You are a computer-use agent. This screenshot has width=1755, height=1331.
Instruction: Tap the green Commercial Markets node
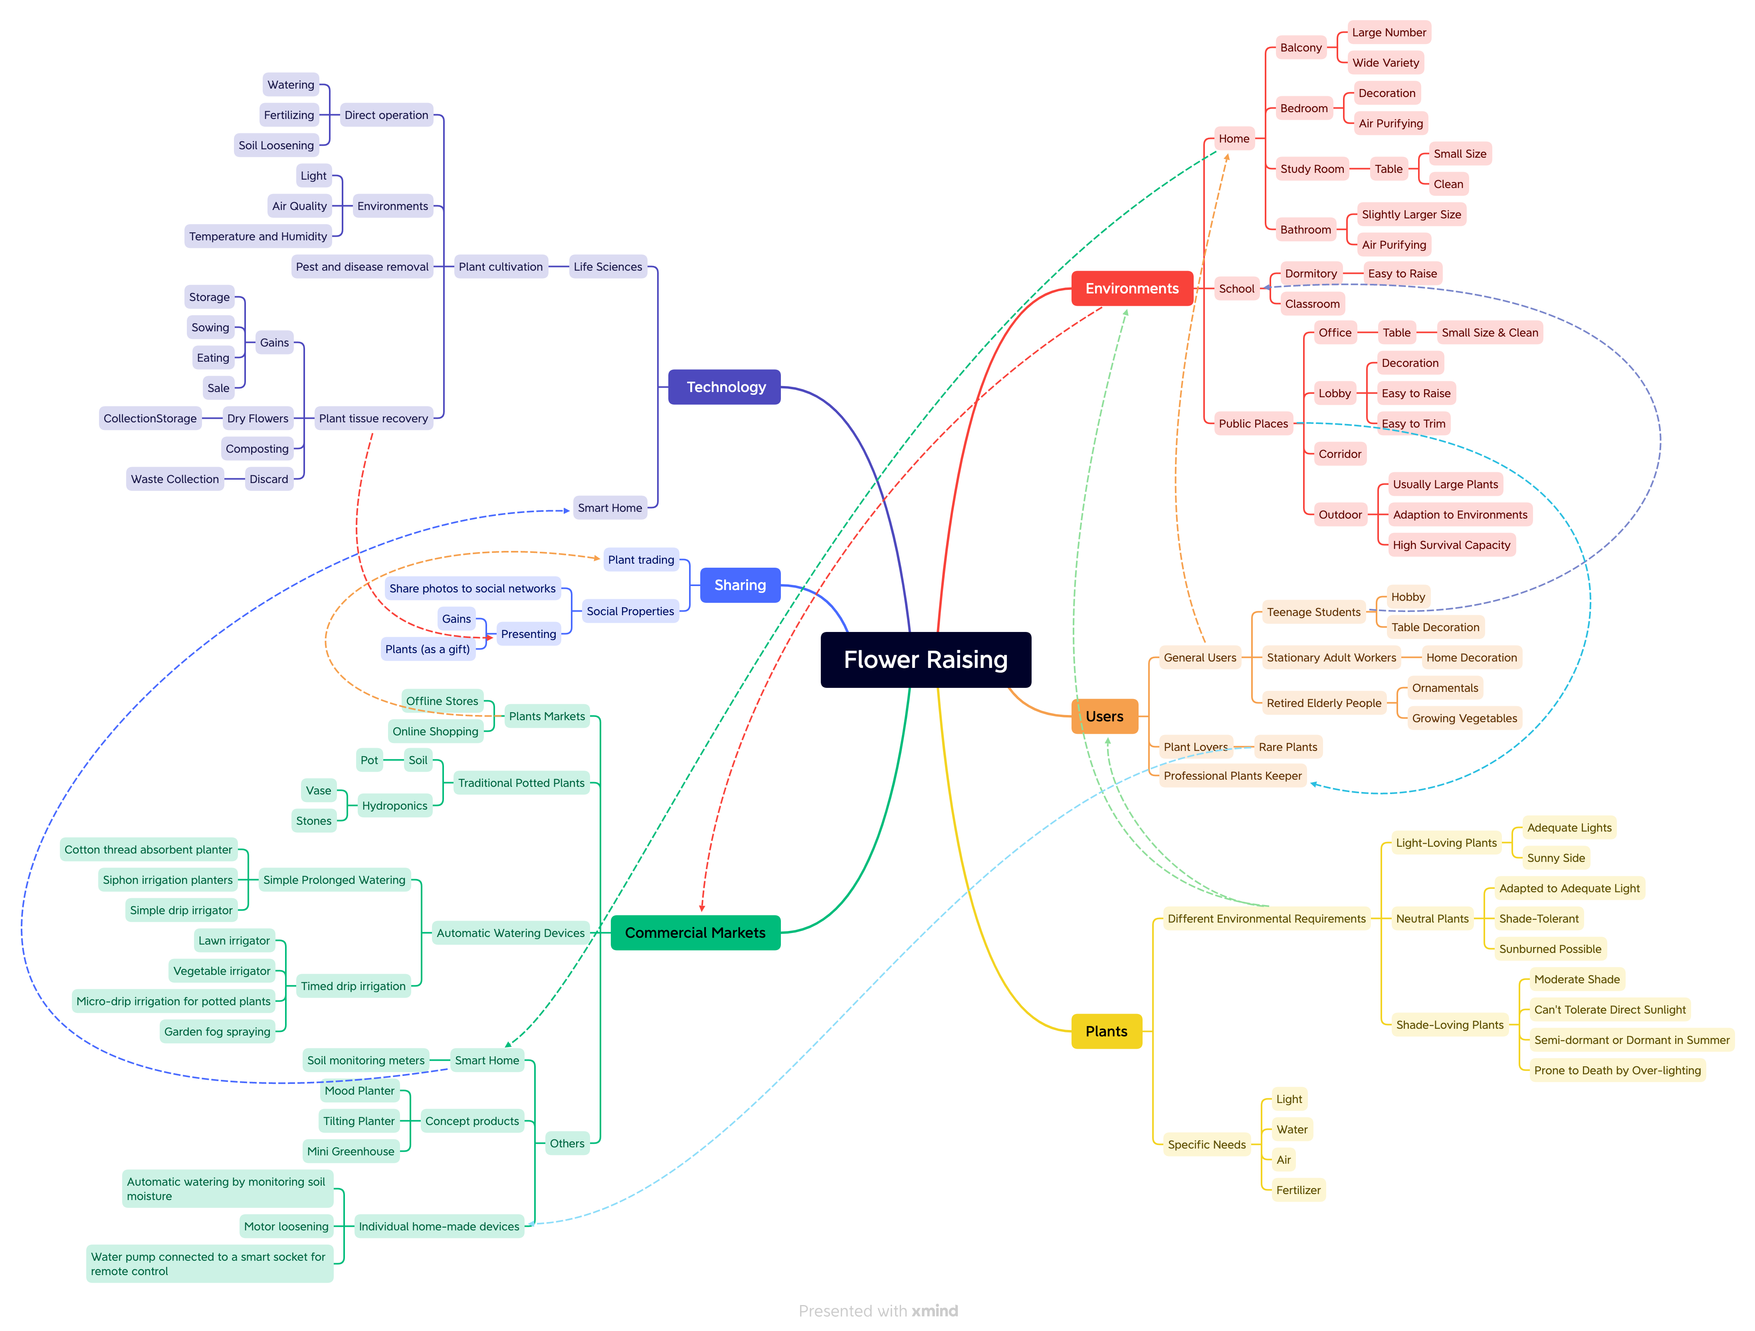[695, 933]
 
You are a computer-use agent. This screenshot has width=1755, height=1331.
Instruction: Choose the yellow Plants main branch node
[1106, 1031]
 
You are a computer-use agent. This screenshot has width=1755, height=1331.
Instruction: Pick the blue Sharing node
[739, 585]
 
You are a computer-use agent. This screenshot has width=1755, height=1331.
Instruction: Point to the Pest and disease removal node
[362, 267]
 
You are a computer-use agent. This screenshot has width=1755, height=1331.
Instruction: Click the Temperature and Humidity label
[258, 236]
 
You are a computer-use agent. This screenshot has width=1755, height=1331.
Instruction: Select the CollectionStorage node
[150, 418]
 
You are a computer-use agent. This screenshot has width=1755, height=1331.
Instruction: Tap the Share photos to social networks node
[472, 588]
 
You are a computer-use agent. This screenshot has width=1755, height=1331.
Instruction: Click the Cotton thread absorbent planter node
[149, 850]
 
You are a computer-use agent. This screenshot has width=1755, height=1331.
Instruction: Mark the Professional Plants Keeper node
[1232, 776]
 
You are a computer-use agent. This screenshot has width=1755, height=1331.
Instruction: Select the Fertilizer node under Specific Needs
[1298, 1190]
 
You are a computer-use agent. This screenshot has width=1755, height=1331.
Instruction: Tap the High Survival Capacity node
[1451, 545]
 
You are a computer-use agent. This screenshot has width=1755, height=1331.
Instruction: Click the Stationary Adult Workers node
[1331, 658]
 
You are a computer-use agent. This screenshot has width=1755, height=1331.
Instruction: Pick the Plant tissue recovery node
[373, 418]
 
